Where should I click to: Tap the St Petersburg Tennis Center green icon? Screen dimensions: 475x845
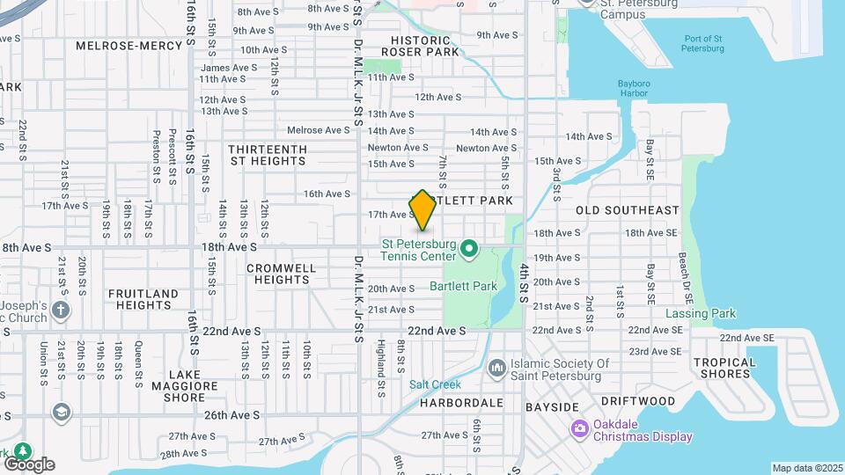(470, 249)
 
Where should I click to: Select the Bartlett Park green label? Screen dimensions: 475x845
(463, 286)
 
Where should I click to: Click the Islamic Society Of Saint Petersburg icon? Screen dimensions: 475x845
(496, 366)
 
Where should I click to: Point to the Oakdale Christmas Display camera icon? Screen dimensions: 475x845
(579, 429)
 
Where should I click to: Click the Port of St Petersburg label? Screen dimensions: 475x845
(702, 43)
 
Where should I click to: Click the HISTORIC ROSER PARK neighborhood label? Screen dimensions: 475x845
(425, 46)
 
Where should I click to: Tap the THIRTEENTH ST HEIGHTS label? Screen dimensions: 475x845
(268, 155)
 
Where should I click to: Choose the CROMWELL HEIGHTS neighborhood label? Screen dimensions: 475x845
(281, 274)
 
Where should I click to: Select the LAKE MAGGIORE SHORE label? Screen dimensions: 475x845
(185, 385)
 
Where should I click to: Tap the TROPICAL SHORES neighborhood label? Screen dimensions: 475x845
(724, 368)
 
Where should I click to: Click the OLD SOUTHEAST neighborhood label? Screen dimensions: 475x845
(628, 210)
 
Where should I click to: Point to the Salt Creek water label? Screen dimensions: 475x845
(430, 384)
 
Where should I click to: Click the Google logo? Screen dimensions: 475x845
(29, 464)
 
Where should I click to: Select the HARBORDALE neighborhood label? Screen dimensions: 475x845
(460, 403)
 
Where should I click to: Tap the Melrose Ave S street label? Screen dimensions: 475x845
(319, 130)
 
